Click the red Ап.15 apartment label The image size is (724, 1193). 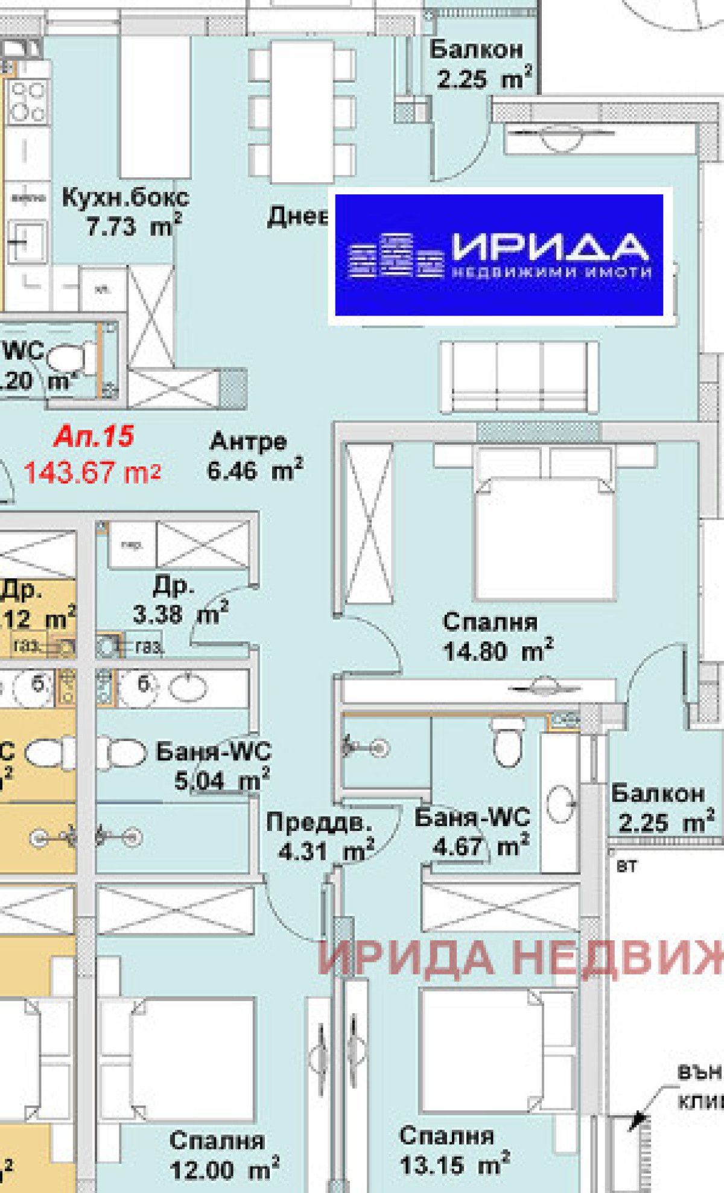pyautogui.click(x=94, y=436)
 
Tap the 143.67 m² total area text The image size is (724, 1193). pyautogui.click(x=92, y=472)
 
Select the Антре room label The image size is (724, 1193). pyautogui.click(x=248, y=442)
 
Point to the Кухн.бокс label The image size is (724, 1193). pyautogui.click(x=125, y=197)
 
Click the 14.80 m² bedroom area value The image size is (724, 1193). pyautogui.click(x=498, y=651)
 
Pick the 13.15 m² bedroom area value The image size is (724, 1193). pyautogui.click(x=454, y=1164)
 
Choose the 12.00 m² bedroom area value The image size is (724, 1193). pyautogui.click(x=224, y=1170)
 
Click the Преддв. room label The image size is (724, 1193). pyautogui.click(x=319, y=822)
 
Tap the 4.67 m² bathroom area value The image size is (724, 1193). pyautogui.click(x=481, y=846)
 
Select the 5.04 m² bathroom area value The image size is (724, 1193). pyautogui.click(x=221, y=781)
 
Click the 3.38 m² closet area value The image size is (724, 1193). pyautogui.click(x=180, y=614)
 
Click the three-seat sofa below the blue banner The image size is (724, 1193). pyautogui.click(x=519, y=377)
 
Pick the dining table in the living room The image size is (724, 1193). pyautogui.click(x=302, y=112)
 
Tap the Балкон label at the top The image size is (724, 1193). pyautogui.click(x=475, y=49)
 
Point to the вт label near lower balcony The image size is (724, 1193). pyautogui.click(x=626, y=867)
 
